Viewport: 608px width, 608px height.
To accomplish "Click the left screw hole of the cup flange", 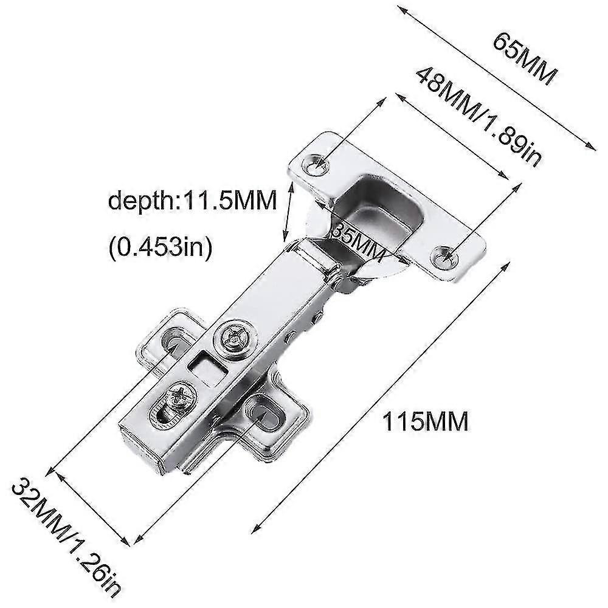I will (x=315, y=162).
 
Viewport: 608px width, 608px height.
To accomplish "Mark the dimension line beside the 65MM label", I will (x=496, y=76).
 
